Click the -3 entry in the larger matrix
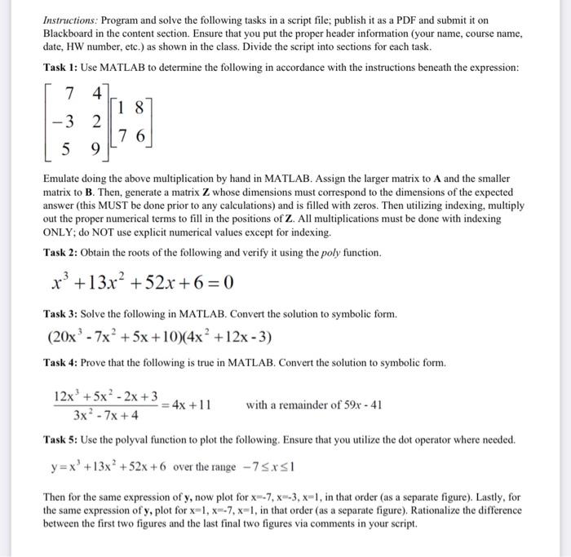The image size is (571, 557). tap(61, 122)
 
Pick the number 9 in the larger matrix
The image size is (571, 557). tap(96, 150)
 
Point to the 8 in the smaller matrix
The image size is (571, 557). tap(140, 107)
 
